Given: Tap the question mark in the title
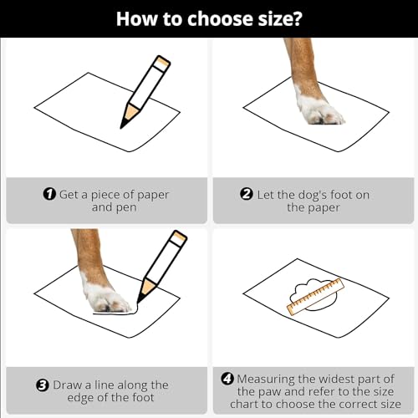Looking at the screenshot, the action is (296, 18).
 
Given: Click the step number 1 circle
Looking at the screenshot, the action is (49, 194).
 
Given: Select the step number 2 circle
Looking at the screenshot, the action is (247, 194).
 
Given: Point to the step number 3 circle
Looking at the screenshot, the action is (43, 385).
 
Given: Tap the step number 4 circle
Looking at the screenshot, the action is (227, 379).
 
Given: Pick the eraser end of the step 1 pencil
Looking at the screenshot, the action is (162, 62).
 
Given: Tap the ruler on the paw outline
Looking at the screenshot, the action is (316, 297).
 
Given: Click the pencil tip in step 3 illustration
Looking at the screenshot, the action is (139, 302).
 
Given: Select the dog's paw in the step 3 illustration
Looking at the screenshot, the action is (107, 298).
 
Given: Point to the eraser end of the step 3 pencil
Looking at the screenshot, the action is (179, 237).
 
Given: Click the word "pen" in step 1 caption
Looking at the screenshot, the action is (126, 208).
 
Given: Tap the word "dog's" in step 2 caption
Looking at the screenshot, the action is (313, 195).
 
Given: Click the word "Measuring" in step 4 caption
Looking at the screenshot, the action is (266, 380).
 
